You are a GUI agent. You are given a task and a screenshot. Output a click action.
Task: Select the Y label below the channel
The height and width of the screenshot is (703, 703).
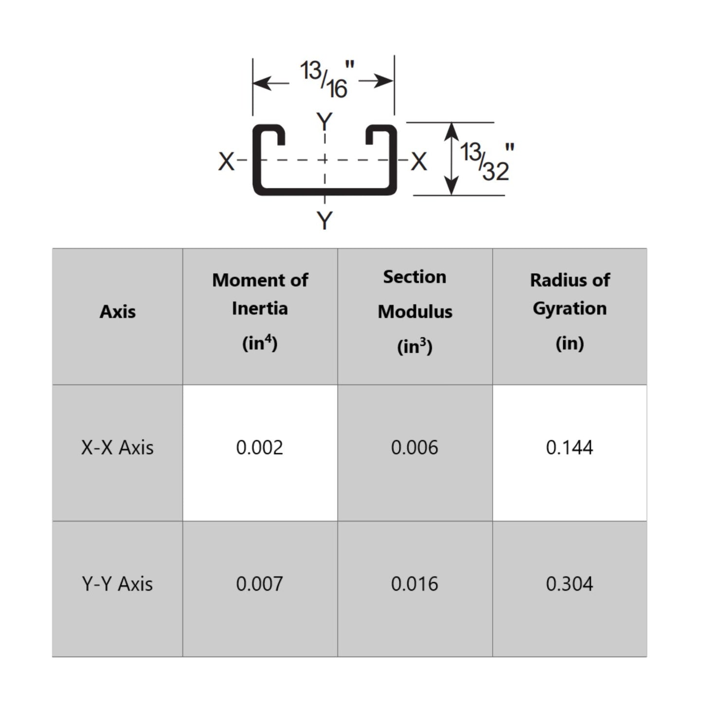[324, 220]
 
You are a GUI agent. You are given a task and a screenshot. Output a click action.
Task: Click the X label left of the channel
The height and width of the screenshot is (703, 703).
[226, 162]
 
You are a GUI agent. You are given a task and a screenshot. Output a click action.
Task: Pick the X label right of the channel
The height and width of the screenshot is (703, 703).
[418, 162]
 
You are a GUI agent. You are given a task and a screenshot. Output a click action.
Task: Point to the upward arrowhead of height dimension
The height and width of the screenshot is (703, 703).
[452, 130]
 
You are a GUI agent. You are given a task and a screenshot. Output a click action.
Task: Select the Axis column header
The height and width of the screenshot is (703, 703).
[118, 312]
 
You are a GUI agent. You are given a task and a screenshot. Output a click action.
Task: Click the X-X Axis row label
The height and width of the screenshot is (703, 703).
[118, 448]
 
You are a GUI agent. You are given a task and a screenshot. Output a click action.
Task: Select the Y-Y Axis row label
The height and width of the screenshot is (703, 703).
[118, 584]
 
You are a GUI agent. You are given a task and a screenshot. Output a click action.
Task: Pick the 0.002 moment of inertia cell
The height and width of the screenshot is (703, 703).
[260, 448]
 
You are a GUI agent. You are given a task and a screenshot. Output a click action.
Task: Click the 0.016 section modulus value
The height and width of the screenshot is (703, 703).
[415, 584]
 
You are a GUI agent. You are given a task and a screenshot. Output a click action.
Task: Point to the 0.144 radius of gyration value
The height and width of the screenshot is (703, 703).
[570, 448]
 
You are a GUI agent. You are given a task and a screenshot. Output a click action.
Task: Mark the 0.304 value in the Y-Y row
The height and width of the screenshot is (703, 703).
[570, 584]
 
